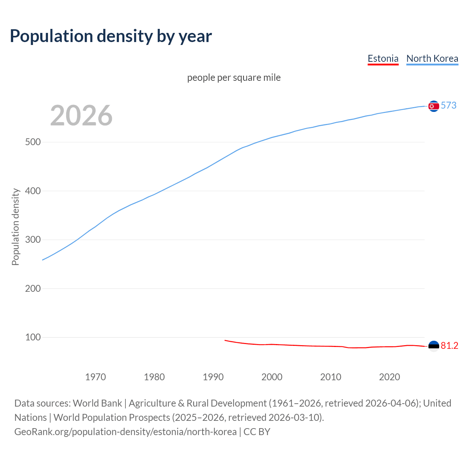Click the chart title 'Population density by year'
[111, 36]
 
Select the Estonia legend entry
[383, 58]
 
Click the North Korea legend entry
[432, 58]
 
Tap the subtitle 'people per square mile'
[234, 78]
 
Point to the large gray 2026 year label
[81, 116]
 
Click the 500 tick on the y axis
[33, 142]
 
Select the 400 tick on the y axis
[33, 191]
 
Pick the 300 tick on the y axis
[33, 240]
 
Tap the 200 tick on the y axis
[33, 288]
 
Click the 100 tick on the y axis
[33, 337]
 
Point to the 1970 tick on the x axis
[95, 377]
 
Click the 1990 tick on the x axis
[213, 377]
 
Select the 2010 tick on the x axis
[331, 377]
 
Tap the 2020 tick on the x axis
[389, 377]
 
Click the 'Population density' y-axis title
[15, 227]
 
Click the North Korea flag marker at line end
[434, 106]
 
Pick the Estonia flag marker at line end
[434, 346]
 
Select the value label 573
[449, 106]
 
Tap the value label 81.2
[449, 346]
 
